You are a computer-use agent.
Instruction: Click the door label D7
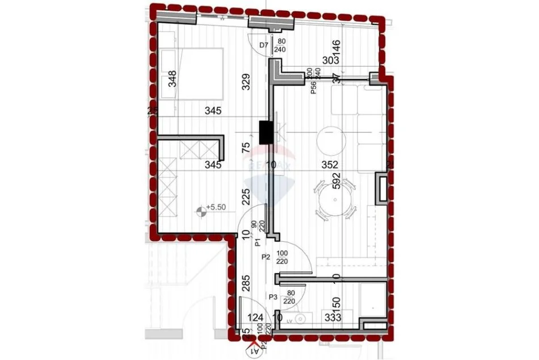tap(263, 45)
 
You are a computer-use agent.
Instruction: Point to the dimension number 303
tap(330, 59)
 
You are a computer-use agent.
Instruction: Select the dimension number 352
tap(330, 165)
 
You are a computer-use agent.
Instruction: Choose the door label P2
tap(265, 257)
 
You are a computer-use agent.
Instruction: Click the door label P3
tap(273, 296)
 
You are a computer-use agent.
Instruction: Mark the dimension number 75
tap(246, 149)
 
